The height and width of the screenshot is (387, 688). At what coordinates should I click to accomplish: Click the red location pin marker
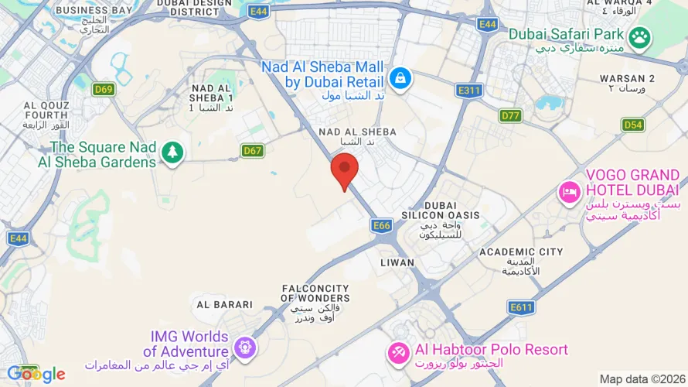tap(344, 170)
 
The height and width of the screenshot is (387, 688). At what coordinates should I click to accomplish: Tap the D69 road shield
tap(104, 90)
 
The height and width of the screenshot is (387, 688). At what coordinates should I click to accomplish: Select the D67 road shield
tap(252, 151)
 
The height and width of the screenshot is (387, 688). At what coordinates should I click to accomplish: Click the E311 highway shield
tap(469, 91)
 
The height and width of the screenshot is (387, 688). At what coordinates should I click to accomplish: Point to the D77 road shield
tap(511, 116)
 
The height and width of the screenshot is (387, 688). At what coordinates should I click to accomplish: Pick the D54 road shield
tap(633, 125)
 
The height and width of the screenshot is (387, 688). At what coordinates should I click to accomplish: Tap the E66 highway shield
tap(380, 225)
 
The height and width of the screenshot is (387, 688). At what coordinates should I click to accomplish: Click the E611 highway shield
tap(522, 307)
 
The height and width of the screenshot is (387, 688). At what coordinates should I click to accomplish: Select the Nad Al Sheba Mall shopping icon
tap(400, 77)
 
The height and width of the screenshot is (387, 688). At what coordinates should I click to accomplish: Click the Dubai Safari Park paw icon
tap(639, 36)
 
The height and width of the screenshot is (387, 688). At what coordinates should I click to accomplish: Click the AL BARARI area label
tap(225, 305)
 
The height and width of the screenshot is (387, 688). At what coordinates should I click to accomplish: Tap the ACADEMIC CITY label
tap(521, 252)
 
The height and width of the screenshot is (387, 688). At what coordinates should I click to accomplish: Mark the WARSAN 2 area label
tap(628, 79)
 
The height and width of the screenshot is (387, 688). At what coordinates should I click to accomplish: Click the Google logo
tap(36, 375)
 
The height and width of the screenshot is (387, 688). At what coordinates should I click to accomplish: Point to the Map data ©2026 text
tap(641, 379)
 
